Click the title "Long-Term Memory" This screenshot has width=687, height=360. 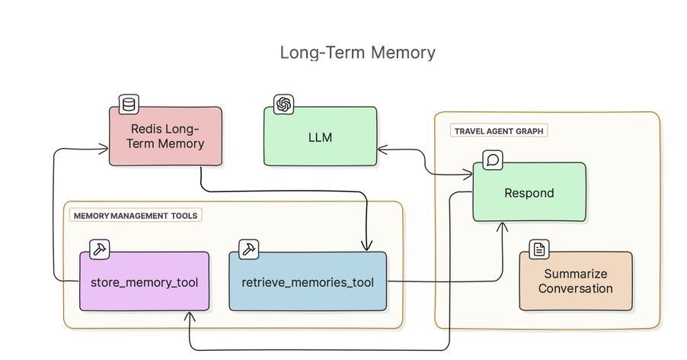[x=357, y=53]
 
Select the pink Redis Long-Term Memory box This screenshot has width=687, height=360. [x=165, y=136]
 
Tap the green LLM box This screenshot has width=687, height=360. [x=320, y=137]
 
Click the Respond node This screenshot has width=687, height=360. [x=529, y=193]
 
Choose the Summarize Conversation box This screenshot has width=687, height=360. [x=575, y=281]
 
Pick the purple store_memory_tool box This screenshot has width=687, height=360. [x=144, y=281]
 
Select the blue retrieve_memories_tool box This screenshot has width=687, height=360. [x=307, y=281]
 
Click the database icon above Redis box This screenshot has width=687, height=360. [x=129, y=104]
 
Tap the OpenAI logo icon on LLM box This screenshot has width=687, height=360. [x=283, y=104]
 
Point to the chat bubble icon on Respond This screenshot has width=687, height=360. [x=493, y=160]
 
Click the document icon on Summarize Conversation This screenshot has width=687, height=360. [x=539, y=249]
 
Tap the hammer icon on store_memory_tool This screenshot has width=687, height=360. [x=100, y=249]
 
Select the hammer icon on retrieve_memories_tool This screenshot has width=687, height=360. [x=249, y=249]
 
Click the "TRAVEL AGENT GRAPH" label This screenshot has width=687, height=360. [x=499, y=131]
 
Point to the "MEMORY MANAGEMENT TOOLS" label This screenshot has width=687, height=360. [x=136, y=216]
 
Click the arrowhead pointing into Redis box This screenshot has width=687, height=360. [x=104, y=149]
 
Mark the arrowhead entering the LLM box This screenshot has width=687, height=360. [x=383, y=150]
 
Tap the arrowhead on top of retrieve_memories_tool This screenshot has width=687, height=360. [x=367, y=246]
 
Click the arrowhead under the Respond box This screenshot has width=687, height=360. [x=503, y=227]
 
